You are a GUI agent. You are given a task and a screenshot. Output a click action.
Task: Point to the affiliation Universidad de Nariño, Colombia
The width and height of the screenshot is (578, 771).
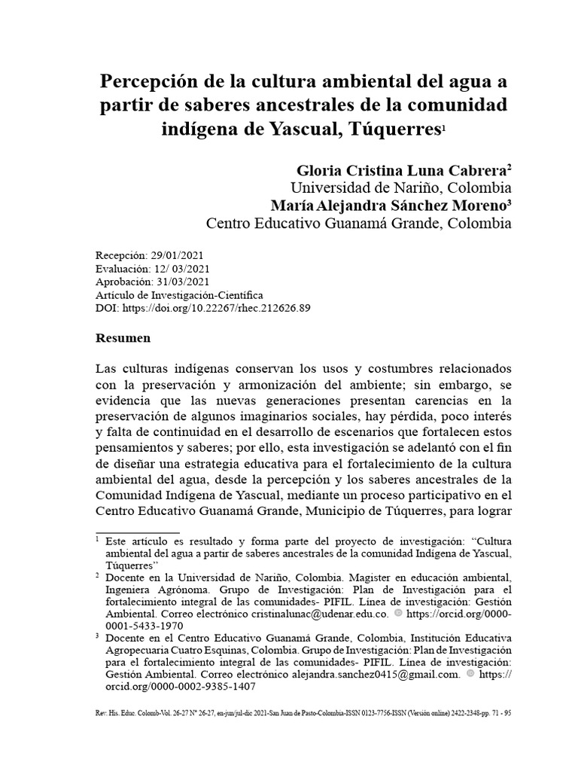401,188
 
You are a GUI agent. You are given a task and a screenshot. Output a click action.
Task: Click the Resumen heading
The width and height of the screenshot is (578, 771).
123,338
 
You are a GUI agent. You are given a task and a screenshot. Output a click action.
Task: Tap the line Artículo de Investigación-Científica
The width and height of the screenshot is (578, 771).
180,296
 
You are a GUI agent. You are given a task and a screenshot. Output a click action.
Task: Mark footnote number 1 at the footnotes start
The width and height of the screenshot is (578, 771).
98,540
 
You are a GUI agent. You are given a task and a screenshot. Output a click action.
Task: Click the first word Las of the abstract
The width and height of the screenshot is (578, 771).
108,370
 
